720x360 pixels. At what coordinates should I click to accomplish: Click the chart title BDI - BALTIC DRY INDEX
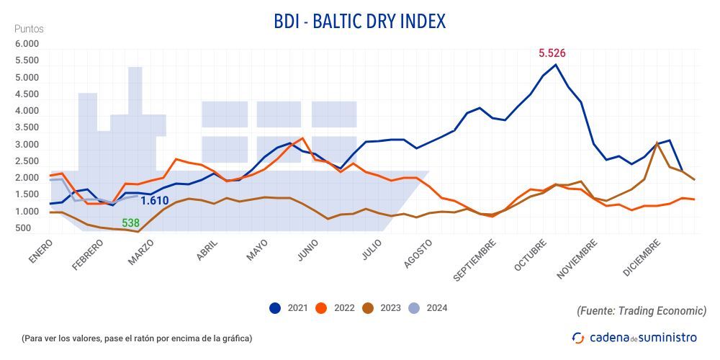(x=359, y=22)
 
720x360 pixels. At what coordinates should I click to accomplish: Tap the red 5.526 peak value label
(x=552, y=53)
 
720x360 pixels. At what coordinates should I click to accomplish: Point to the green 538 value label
(x=130, y=223)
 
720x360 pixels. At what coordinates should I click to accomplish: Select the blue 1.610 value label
(x=154, y=200)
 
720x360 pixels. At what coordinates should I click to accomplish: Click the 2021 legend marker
(x=275, y=308)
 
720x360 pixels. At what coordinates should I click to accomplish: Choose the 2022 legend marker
(x=321, y=308)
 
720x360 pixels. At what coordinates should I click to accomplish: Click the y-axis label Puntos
(x=29, y=29)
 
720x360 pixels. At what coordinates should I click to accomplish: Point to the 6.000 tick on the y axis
(x=27, y=44)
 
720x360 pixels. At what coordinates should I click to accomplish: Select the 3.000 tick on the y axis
(x=27, y=145)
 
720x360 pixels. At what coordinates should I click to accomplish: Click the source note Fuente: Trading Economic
(x=641, y=310)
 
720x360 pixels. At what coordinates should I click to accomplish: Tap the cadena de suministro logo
(x=634, y=337)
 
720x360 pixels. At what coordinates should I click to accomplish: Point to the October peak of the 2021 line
(x=556, y=65)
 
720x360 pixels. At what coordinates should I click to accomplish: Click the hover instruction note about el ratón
(x=137, y=338)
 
